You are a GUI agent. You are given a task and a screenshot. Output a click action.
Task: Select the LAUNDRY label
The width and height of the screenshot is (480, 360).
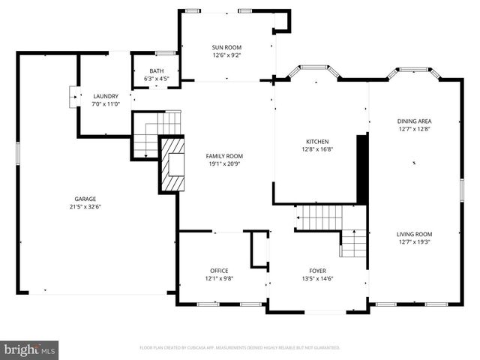coord(105,96)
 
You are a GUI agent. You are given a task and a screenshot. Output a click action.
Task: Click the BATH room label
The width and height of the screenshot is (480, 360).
coord(155,70)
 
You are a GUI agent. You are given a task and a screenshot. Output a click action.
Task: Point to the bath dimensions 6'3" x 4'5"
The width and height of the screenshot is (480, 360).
coord(155,78)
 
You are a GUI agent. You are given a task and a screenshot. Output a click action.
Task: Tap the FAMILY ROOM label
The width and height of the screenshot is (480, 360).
coord(224,156)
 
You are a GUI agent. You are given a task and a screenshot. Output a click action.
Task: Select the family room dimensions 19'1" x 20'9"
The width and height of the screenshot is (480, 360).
coord(224,164)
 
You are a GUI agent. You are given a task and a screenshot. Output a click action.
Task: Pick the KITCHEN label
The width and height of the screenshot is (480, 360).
coord(317,141)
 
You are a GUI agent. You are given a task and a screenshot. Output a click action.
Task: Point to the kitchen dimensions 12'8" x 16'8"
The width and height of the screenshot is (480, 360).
coord(317,149)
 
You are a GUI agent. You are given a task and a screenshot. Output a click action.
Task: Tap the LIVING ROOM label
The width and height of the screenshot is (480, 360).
coord(414,234)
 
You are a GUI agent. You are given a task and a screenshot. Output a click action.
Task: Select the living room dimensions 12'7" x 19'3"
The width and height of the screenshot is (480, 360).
coord(414,242)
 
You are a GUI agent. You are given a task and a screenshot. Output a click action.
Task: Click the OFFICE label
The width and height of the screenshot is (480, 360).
coord(219,270)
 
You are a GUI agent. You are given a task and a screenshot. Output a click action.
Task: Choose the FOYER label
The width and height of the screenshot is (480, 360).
coord(317,270)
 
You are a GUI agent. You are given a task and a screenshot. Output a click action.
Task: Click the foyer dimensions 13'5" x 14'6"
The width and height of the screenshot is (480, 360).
coord(317,278)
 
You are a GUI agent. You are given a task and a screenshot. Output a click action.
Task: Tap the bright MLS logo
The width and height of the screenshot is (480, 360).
coord(30,349)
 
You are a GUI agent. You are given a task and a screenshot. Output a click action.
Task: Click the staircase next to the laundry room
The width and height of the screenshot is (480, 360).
coord(156,131)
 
